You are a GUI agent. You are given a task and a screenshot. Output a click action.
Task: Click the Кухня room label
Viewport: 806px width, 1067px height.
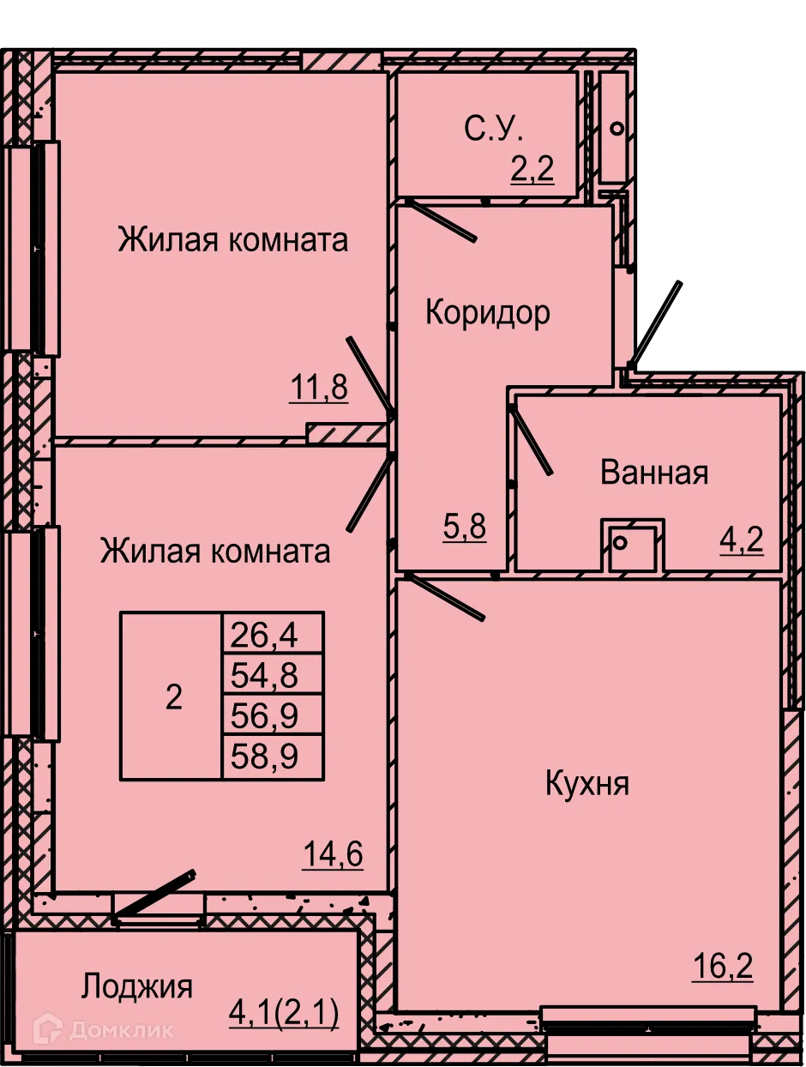[587, 783]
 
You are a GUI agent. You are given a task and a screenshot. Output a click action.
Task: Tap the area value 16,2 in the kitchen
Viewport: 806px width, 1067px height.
[722, 967]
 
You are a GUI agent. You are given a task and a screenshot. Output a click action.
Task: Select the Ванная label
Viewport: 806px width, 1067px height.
[654, 473]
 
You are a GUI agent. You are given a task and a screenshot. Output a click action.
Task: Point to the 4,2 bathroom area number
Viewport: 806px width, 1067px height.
[741, 540]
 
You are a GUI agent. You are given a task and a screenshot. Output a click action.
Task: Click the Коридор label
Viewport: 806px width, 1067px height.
[488, 313]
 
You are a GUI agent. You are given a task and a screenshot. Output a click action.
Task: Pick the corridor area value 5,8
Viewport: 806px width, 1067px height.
[465, 527]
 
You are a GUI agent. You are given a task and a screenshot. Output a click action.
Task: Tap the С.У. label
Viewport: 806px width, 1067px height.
[493, 129]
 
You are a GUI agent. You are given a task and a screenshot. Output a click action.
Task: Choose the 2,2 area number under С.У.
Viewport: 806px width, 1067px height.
[532, 169]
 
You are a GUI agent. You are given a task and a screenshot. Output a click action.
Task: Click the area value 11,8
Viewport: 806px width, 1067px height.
[318, 389]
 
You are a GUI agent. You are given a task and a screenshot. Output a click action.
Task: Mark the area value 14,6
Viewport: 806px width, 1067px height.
[333, 854]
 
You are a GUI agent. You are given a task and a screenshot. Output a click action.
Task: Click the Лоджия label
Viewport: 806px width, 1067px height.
[137, 986]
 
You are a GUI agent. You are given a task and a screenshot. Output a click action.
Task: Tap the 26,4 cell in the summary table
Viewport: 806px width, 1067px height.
[271, 635]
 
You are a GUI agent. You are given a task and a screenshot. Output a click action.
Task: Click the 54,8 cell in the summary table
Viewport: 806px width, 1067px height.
[271, 675]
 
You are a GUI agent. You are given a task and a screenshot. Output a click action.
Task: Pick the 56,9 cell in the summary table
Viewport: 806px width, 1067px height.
[271, 714]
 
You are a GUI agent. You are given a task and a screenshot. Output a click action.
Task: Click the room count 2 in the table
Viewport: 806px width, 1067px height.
[173, 697]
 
